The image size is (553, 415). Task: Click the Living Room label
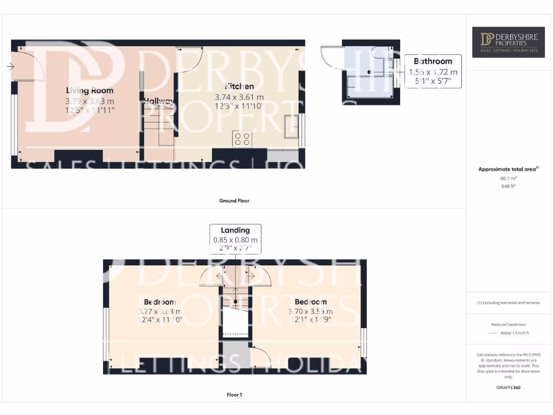90,90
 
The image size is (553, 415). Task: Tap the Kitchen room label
239,86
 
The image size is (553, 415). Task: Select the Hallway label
158,101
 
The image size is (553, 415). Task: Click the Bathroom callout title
433,61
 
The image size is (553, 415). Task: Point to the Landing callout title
235,230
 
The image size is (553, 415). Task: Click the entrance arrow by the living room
10,66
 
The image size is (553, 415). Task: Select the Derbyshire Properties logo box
508,42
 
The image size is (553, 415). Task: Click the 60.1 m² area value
508,178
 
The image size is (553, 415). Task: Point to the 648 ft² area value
508,186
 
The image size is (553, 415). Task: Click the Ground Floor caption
234,200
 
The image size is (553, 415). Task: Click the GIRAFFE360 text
508,387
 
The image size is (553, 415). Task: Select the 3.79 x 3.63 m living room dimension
90,101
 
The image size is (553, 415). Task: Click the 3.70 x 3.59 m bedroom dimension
311,311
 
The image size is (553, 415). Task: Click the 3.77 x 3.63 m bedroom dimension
160,311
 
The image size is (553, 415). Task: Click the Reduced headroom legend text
508,324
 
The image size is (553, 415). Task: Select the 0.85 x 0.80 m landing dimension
235,240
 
